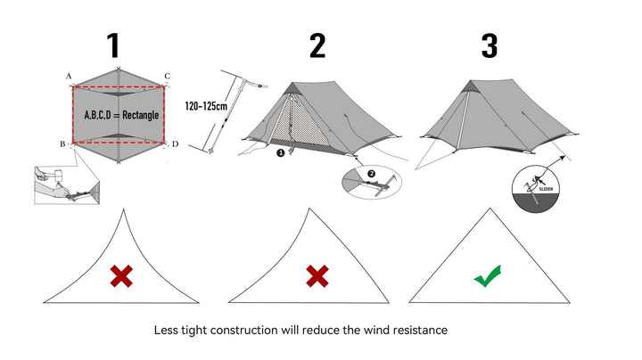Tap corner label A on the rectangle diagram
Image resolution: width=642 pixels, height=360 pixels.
(x=69, y=77)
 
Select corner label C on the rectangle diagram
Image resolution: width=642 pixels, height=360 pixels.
(x=167, y=77)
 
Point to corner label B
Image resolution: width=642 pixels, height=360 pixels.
(x=62, y=143)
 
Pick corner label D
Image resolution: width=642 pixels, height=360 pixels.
(x=174, y=143)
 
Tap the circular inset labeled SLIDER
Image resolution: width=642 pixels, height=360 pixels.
(x=538, y=187)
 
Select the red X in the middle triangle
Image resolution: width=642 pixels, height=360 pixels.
(x=317, y=277)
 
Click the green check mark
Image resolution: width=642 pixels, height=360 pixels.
(x=487, y=277)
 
